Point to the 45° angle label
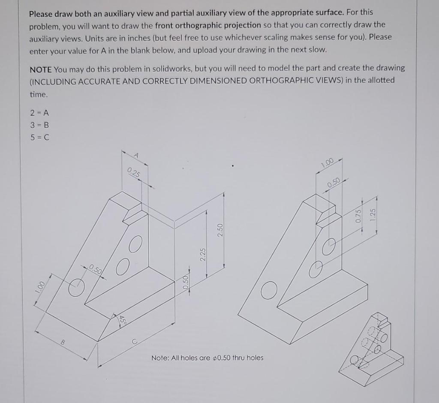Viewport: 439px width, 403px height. [121, 319]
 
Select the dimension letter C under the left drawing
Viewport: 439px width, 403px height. [134, 342]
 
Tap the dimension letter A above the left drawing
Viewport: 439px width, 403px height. [137, 156]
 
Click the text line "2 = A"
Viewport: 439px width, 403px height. [39, 113]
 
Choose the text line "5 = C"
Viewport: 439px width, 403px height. [39, 138]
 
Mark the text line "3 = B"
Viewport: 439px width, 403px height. [39, 126]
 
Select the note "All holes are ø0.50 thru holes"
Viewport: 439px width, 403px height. [207, 358]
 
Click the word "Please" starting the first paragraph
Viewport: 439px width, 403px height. [40, 13]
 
